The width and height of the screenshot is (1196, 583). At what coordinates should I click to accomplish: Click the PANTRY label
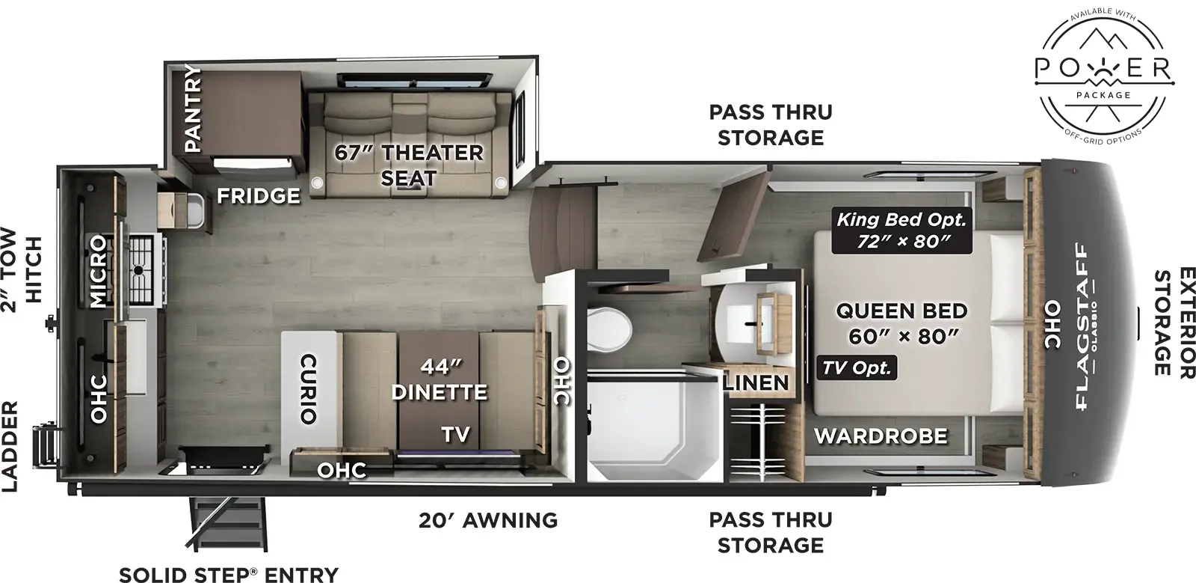193,109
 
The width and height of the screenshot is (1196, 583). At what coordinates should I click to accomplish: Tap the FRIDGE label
259,196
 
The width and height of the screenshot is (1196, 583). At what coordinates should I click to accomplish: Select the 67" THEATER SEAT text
408,165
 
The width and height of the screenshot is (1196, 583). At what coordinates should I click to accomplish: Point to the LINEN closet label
756,383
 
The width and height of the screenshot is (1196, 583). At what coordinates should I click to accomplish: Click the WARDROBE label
881,436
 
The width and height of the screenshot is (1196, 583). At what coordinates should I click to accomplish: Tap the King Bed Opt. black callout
901,231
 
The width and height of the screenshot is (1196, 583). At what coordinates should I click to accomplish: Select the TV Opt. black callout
857,367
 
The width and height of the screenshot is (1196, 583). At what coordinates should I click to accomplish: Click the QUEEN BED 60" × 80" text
901,323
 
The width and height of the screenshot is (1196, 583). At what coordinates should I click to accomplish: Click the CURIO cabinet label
307,389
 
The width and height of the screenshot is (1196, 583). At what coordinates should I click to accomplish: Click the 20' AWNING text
487,519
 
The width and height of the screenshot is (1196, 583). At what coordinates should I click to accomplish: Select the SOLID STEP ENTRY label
229,574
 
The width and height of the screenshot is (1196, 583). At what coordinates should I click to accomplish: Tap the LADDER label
10,447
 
